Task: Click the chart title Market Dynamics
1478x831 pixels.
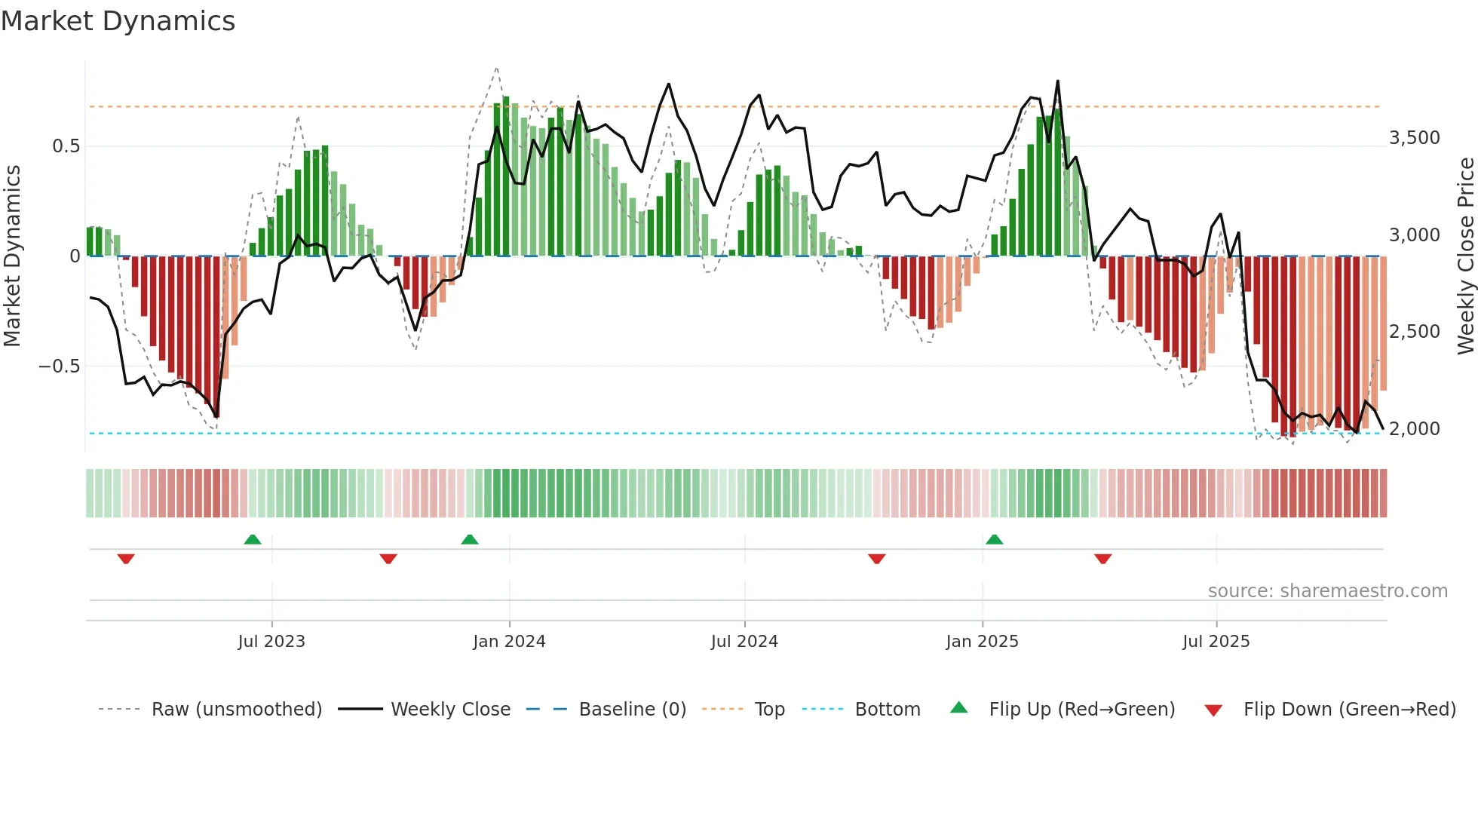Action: [118, 21]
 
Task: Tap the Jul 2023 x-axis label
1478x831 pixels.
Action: [271, 642]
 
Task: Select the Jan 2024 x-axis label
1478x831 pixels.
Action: [509, 642]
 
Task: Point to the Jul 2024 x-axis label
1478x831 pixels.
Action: [744, 642]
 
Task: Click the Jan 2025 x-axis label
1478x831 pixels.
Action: [982, 642]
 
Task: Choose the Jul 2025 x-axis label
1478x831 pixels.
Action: [1216, 642]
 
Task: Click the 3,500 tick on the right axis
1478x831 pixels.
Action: [1414, 138]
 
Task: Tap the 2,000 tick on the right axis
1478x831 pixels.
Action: [1414, 429]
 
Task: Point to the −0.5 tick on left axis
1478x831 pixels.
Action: [59, 366]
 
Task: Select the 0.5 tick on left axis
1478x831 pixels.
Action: [66, 146]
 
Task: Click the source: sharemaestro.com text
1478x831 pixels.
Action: [1327, 591]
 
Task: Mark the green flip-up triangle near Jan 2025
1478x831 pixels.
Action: [994, 540]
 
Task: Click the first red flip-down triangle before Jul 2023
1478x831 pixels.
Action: [126, 559]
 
